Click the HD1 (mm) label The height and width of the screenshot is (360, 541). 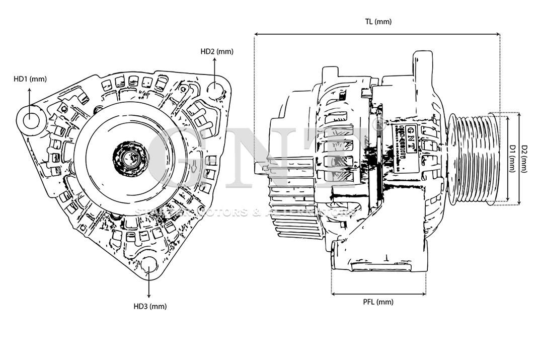point(30,79)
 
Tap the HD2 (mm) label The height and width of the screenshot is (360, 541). point(217,51)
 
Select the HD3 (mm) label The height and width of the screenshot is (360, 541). point(150,306)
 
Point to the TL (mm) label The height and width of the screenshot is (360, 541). point(378,22)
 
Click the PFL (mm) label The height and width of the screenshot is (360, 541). point(378,302)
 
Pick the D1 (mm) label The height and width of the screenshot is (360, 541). point(512,158)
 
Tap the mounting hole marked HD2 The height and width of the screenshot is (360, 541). point(215,90)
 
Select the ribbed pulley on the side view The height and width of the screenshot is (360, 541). point(473,158)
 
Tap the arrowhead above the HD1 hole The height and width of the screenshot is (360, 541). point(29,90)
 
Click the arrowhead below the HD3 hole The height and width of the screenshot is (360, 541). point(149,297)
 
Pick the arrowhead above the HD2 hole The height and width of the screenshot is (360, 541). point(215,59)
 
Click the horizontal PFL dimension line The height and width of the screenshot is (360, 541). point(378,294)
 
